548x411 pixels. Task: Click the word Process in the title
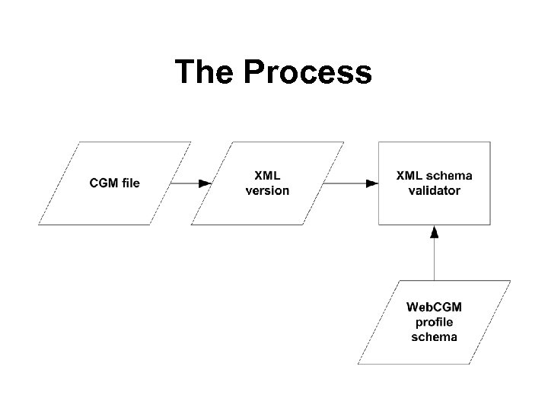308,72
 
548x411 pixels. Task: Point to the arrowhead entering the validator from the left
372,183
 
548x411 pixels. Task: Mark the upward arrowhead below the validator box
434,231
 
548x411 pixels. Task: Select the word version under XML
267,190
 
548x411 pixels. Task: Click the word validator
434,190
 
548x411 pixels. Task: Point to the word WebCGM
434,307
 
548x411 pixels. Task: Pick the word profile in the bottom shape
434,322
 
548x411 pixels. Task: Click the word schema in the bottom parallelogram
434,336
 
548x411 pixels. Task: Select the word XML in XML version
267,176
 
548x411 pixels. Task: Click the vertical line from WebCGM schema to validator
434,259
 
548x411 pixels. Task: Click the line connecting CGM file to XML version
183,183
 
